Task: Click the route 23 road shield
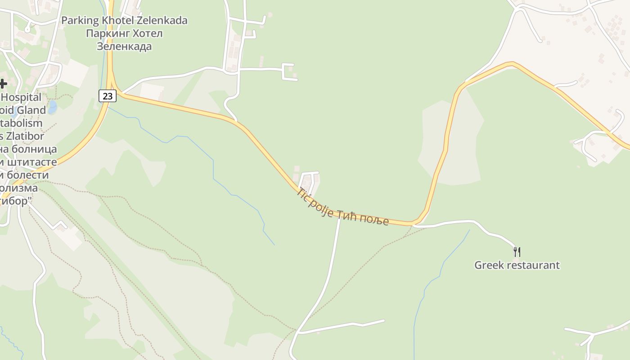click(107, 95)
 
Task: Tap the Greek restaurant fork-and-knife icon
click(517, 252)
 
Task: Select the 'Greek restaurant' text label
click(517, 265)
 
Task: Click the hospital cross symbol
click(3, 83)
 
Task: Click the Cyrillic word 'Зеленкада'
click(124, 46)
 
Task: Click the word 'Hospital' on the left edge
click(22, 97)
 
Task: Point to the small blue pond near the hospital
click(52, 107)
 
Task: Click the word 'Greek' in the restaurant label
click(489, 265)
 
